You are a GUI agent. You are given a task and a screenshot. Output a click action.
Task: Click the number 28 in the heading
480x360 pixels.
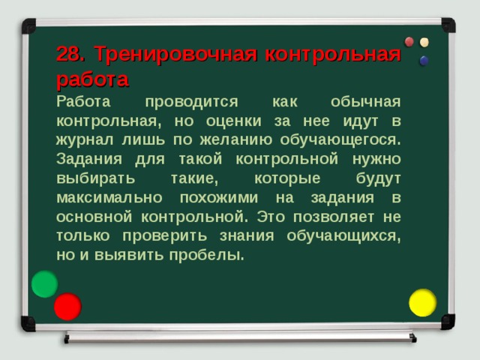point(69,55)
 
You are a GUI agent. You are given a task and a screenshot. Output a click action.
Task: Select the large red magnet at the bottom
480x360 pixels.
point(67,306)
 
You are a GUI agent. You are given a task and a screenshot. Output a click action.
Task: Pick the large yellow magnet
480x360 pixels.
point(422,302)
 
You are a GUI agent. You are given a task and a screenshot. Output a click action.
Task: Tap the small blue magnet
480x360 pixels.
point(424,61)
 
